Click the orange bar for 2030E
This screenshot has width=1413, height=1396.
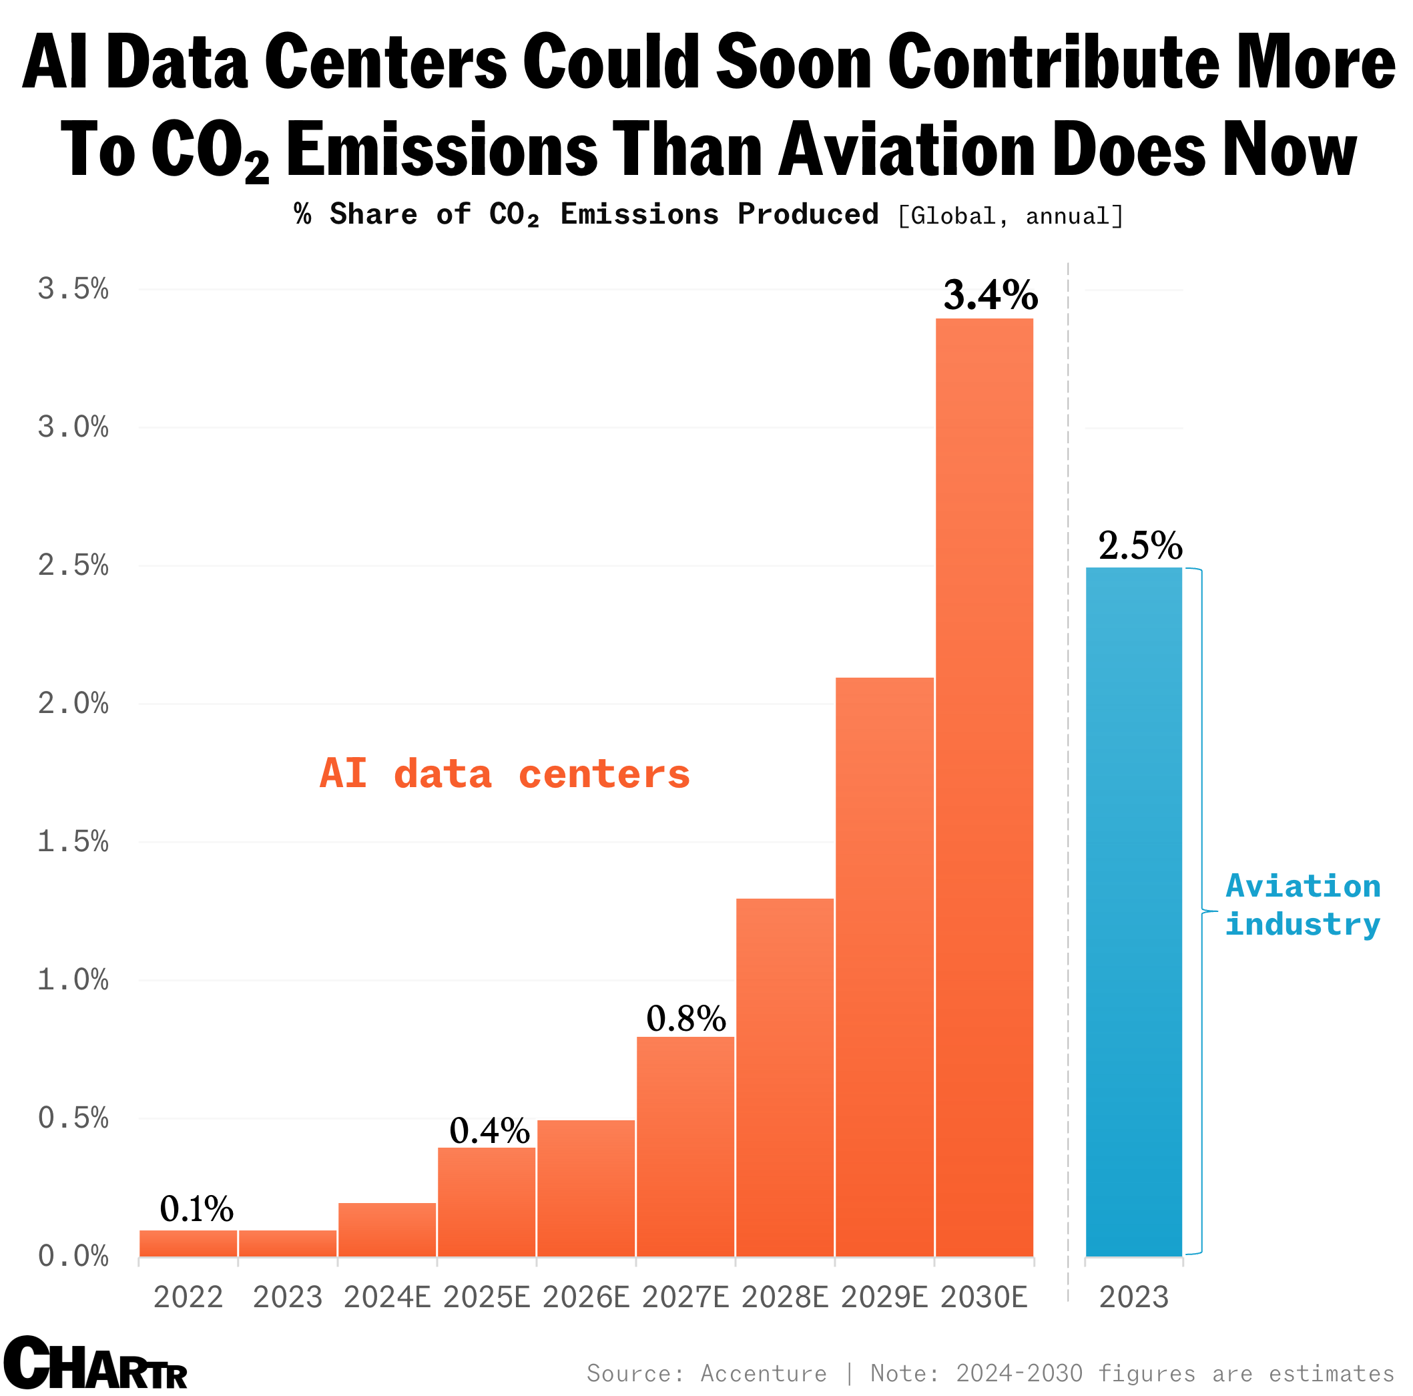click(x=984, y=790)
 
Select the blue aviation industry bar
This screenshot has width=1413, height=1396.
click(x=1133, y=915)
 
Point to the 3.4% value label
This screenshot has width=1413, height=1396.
click(x=991, y=295)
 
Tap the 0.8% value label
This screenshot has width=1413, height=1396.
click(x=686, y=1019)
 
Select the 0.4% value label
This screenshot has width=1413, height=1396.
click(x=489, y=1130)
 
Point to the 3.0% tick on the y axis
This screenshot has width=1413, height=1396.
click(x=73, y=427)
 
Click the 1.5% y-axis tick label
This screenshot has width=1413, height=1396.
click(x=73, y=841)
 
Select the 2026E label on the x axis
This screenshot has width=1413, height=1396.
click(x=586, y=1297)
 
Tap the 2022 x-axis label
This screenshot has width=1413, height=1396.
click(x=188, y=1297)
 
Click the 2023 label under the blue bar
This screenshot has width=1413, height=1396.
click(x=1133, y=1297)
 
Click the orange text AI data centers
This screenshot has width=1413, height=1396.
click(x=505, y=773)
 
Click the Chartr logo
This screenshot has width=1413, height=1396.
click(x=95, y=1363)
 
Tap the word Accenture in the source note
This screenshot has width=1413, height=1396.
click(x=764, y=1373)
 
